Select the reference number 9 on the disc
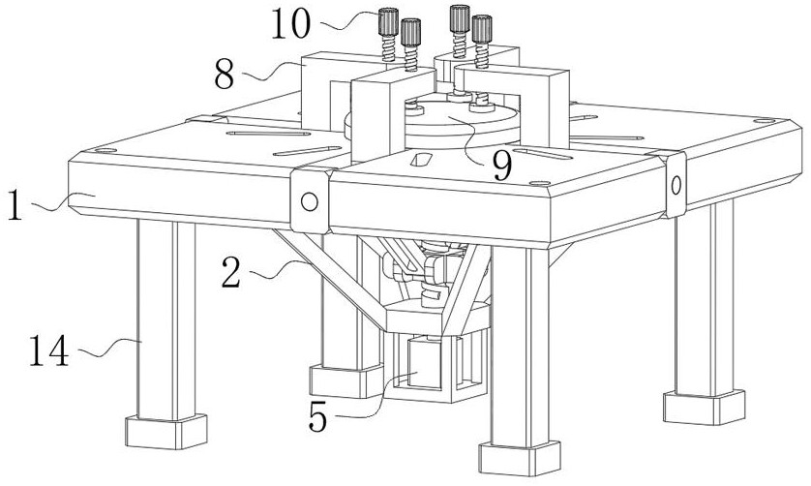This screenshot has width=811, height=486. (x=500, y=166)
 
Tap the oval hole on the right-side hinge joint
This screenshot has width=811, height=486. (x=675, y=184)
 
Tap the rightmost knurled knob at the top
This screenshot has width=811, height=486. (x=480, y=25)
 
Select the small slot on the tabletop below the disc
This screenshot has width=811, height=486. (x=422, y=157)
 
